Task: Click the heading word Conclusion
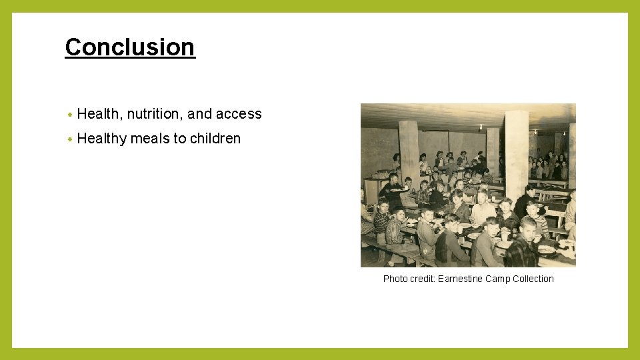tap(130, 47)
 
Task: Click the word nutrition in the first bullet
tap(155, 114)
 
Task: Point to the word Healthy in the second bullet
tap(102, 139)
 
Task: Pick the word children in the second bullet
tap(215, 139)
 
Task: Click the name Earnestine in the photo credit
tap(459, 279)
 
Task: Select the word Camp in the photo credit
tap(497, 279)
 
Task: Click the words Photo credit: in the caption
tap(409, 279)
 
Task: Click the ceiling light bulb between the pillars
tap(480, 126)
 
